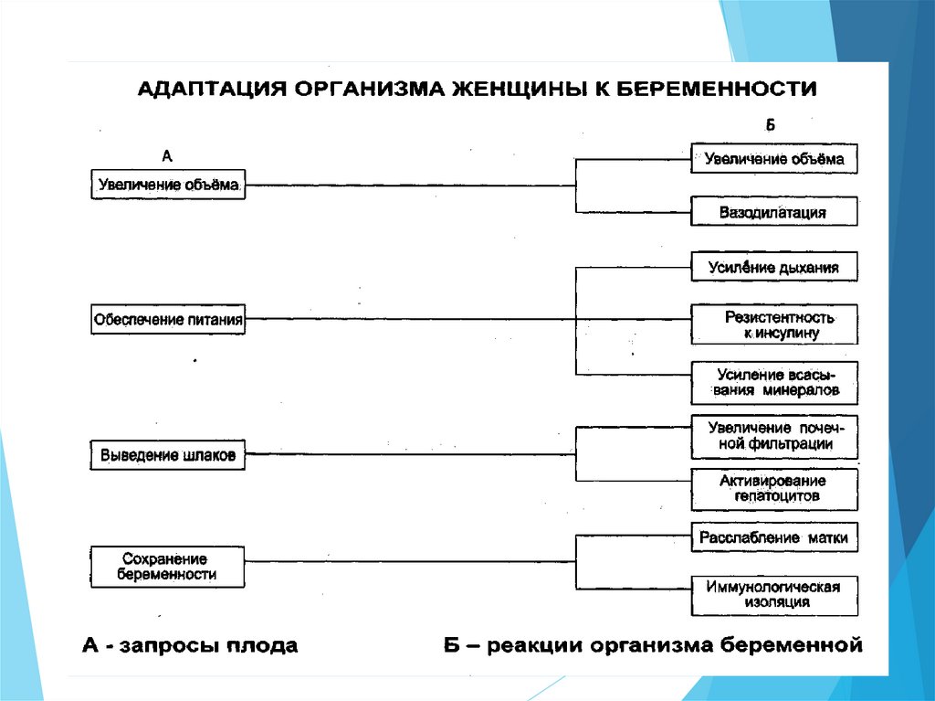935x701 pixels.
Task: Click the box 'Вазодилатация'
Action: (773, 212)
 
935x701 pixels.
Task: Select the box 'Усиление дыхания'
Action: (773, 267)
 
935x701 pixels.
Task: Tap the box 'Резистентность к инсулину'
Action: (773, 324)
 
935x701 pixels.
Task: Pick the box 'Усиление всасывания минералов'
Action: (773, 382)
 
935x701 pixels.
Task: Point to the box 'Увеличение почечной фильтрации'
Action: (773, 436)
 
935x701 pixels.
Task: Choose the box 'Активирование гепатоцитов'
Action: (773, 489)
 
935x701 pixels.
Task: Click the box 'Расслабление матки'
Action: (773, 537)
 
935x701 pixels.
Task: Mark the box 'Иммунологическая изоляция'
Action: (773, 594)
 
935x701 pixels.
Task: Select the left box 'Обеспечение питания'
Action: (168, 321)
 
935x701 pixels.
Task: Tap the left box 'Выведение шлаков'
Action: (168, 454)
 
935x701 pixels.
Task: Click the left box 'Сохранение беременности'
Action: (168, 566)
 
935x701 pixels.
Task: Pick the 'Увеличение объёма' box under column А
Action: (168, 186)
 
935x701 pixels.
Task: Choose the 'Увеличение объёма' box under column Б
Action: (773, 159)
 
